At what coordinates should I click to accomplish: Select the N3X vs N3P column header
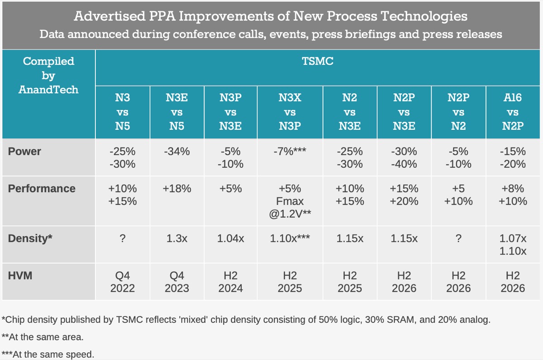coord(290,112)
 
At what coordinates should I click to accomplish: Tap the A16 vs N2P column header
coord(513,112)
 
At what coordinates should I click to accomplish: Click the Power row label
coord(24,152)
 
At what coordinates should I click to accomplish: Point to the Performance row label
coord(42,189)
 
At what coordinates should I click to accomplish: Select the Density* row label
coord(30,238)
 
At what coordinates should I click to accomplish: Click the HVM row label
coord(20,275)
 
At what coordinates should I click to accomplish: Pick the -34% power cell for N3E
coord(176,152)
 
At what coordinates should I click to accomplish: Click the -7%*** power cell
coord(290,152)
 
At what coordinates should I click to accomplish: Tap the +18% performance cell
coord(176,189)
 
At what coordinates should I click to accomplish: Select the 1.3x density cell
coord(176,238)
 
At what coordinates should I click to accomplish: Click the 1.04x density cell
coord(230,238)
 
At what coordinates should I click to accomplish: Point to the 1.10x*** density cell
coord(290,238)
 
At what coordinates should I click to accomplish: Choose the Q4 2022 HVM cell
coord(123,281)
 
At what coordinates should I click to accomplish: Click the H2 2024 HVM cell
coord(230,281)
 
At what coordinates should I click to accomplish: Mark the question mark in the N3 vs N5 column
coord(123,238)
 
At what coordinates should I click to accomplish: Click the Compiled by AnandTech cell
coord(48,75)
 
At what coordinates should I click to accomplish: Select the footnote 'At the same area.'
coord(43,337)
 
